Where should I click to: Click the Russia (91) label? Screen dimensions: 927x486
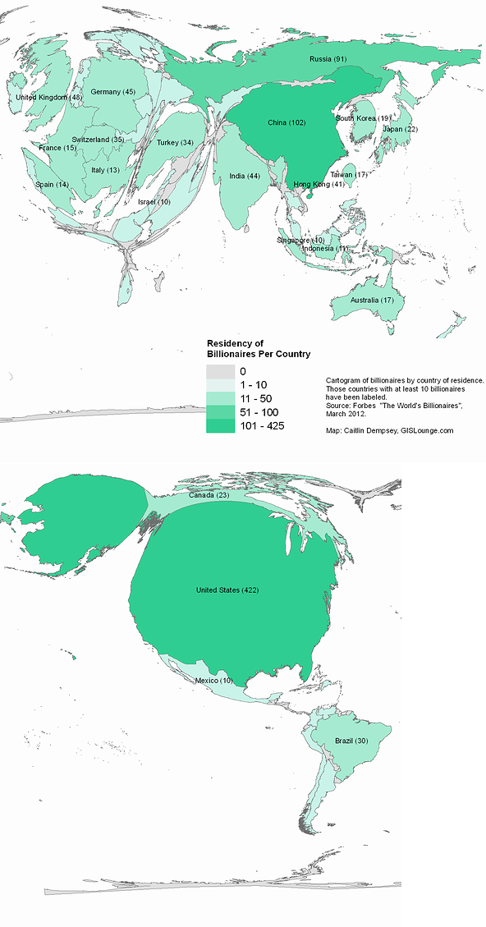[x=328, y=59]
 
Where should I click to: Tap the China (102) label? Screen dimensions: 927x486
[x=287, y=122]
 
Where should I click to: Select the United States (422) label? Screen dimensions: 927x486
[x=227, y=590]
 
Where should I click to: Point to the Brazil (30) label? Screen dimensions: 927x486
[x=351, y=741]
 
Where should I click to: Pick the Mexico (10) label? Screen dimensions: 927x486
[x=213, y=681]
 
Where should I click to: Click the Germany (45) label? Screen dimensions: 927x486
[x=113, y=92]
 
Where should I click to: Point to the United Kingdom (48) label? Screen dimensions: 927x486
[x=49, y=98]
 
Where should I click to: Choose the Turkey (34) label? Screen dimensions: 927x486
[x=175, y=143]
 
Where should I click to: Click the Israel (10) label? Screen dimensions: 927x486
[x=154, y=201]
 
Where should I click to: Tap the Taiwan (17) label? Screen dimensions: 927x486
[x=348, y=175]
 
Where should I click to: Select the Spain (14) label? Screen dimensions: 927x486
[x=52, y=184]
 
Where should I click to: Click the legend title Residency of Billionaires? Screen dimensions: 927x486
[x=258, y=348]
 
